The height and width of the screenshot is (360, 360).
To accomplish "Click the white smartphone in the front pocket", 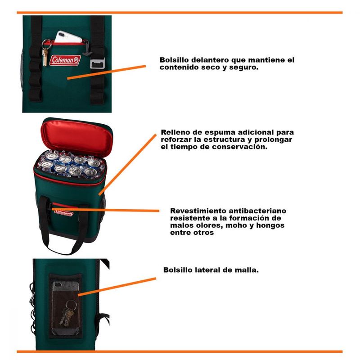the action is (x=68, y=37).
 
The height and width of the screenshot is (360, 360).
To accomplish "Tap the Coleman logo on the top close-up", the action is (x=65, y=60).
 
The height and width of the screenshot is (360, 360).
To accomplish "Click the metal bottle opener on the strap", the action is (x=97, y=63).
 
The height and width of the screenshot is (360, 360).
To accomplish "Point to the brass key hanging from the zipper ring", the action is (x=45, y=58).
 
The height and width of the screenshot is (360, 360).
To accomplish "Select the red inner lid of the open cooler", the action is (x=77, y=136).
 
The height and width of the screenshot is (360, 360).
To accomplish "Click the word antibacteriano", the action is (x=257, y=211).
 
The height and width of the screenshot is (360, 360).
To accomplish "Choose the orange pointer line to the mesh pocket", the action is (x=117, y=287).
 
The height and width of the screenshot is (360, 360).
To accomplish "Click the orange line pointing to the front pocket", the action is (x=106, y=72).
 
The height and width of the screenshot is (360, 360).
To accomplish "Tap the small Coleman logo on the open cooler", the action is (x=63, y=213).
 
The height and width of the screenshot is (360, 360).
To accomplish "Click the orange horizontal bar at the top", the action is (x=180, y=13).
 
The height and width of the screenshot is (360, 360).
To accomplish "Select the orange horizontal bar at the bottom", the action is (x=180, y=351).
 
